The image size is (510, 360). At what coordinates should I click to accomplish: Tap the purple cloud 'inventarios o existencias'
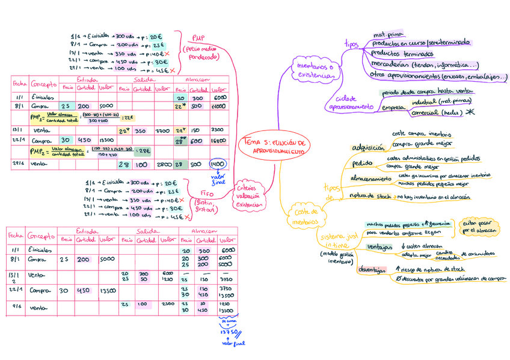pyautogui.click(x=313, y=70)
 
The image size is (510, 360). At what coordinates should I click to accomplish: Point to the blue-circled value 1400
pyautogui.click(x=217, y=164)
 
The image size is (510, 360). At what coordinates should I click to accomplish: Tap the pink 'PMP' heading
pyautogui.click(x=199, y=37)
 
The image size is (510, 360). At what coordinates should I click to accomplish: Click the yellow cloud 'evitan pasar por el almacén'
pyautogui.click(x=479, y=227)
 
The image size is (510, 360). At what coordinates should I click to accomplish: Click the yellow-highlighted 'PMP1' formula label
pyautogui.click(x=35, y=117)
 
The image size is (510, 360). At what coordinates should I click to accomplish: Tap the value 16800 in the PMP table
pyautogui.click(x=218, y=140)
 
